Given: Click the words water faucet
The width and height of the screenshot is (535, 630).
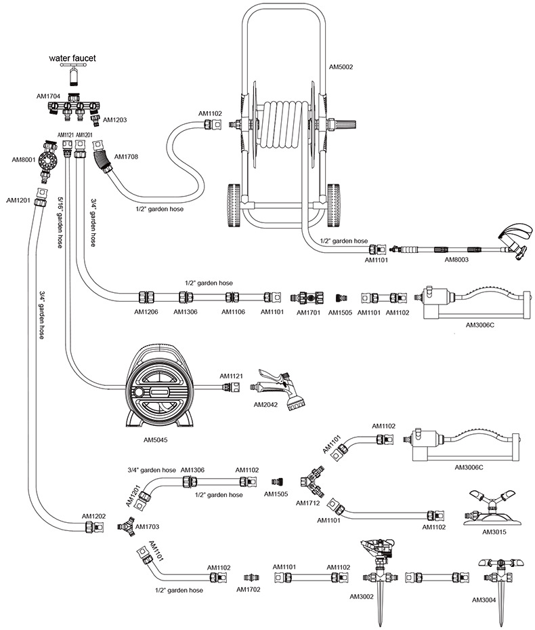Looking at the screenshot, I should [x=72, y=58].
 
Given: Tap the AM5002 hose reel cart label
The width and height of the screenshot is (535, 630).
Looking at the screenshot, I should [x=341, y=67].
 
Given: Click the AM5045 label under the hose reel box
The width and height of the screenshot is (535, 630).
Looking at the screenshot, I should [x=155, y=439].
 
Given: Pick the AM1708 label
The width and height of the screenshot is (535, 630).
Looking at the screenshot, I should [x=127, y=157].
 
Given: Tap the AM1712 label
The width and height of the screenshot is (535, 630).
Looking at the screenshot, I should [x=308, y=503].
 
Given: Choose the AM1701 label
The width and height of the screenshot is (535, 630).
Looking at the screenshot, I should [x=309, y=313].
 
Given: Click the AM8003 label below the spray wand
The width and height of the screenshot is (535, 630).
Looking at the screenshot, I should [x=457, y=259].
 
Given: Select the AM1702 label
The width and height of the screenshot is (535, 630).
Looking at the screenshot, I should [x=249, y=589].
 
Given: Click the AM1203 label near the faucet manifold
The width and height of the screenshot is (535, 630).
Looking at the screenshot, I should [x=114, y=120].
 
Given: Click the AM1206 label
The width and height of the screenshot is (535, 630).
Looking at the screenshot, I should [x=146, y=313].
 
